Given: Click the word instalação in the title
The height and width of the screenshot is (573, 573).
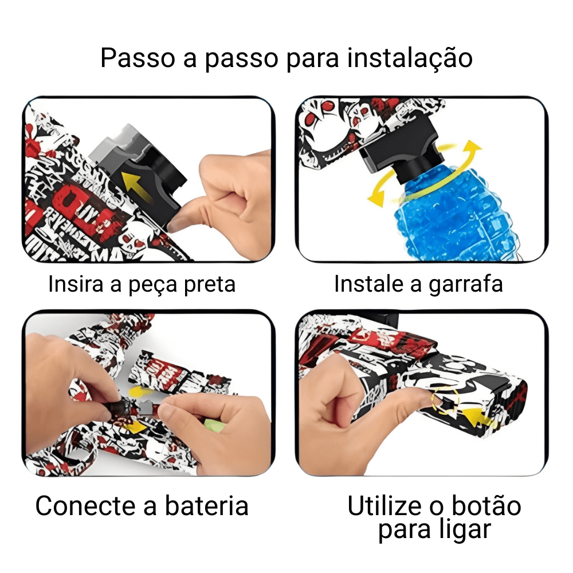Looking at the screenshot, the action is click(x=410, y=58).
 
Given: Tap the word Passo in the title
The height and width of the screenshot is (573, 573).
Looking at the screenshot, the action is click(x=138, y=58).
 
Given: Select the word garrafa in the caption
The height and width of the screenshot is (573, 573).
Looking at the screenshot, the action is click(x=466, y=284).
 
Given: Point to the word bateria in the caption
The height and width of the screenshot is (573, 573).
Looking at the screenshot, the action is click(x=206, y=506).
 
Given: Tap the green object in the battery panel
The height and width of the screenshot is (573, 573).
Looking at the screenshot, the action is click(x=214, y=426).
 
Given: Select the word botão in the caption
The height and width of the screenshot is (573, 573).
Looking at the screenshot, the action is click(x=486, y=506).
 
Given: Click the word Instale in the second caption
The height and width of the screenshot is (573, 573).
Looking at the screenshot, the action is click(x=368, y=284).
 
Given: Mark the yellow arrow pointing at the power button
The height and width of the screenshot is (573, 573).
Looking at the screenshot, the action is click(x=475, y=418).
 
